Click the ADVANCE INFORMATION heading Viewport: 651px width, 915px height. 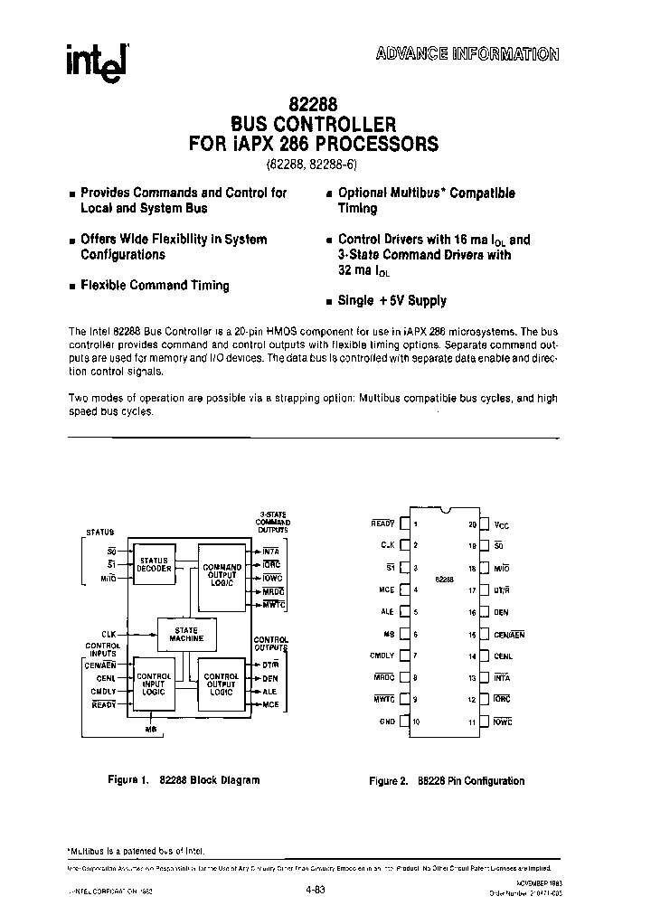tap(467, 53)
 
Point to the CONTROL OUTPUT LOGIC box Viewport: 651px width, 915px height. tap(221, 684)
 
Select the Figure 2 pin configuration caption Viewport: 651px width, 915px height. tap(447, 780)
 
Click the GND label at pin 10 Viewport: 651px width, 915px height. tap(388, 722)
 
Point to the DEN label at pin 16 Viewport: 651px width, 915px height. tap(502, 612)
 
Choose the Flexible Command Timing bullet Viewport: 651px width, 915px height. tap(155, 285)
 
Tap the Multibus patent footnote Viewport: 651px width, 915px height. tap(137, 850)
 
